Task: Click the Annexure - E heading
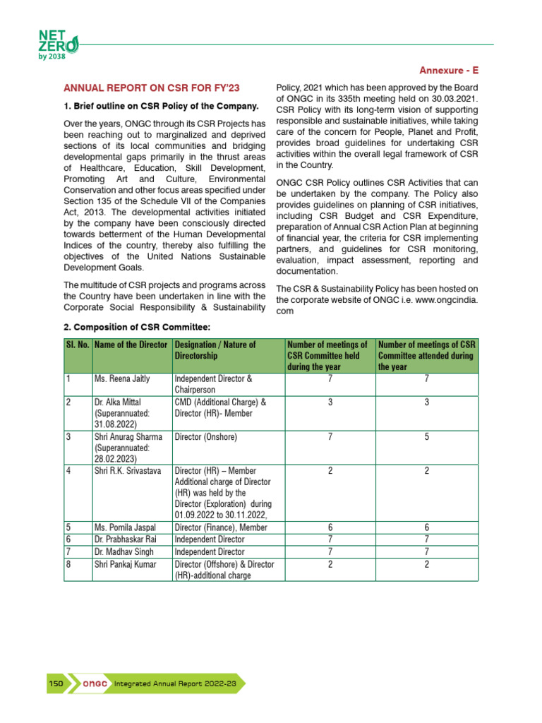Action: [449, 71]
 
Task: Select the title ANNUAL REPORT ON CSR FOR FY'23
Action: [152, 88]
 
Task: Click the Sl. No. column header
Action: [77, 345]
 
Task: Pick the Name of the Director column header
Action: [131, 345]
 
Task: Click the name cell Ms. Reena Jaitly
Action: [122, 379]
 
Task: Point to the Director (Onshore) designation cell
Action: [205, 437]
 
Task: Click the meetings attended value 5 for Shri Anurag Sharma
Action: [427, 437]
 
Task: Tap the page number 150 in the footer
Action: [56, 683]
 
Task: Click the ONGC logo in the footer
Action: [95, 683]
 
